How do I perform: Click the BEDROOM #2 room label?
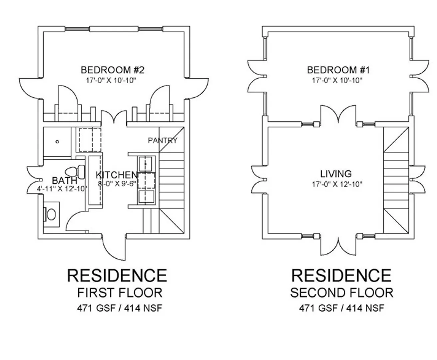coord(112,70)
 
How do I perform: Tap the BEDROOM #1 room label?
coord(338,70)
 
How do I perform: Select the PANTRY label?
coord(163,140)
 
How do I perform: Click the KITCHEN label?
coord(117,175)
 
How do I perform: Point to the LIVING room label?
coord(336,174)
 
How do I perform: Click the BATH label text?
coord(64,180)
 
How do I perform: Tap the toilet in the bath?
coord(75,172)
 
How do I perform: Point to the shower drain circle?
coord(57,142)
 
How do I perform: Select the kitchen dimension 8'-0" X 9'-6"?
coord(117,184)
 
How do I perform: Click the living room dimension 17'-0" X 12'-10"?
coord(337,184)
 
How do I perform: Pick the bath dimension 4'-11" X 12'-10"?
coord(62,189)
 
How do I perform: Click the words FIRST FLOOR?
coord(120,293)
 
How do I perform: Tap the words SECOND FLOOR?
coord(342,293)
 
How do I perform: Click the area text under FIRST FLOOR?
coord(120,308)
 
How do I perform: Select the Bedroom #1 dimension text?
coord(337,80)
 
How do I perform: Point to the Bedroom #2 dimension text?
coord(111,80)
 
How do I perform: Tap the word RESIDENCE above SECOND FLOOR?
coord(341,276)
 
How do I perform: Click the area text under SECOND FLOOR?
coord(341,308)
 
